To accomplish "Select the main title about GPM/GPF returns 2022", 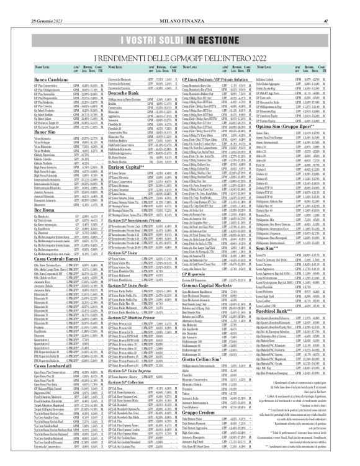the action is [x=180, y=57].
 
